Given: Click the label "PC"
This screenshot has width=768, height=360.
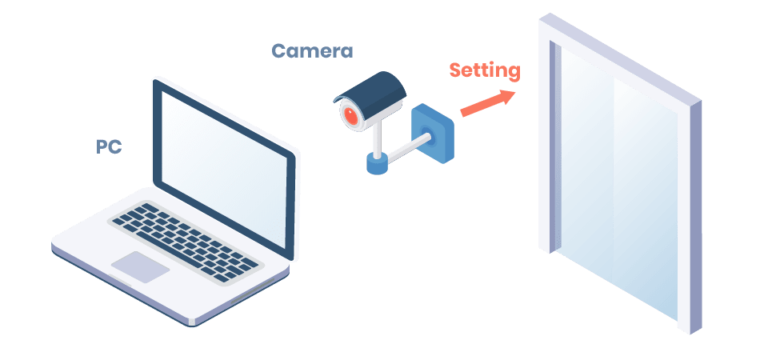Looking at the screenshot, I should [x=108, y=147].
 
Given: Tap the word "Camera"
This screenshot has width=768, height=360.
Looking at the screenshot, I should [x=312, y=52].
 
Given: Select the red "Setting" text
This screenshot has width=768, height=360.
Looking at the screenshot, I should [x=484, y=70].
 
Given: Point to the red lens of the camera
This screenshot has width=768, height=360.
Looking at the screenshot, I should [x=350, y=116].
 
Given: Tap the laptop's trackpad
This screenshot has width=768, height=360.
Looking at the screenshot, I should [x=140, y=266].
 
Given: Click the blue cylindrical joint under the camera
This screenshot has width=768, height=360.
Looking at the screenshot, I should [x=376, y=162].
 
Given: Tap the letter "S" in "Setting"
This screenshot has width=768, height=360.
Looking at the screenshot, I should [x=454, y=70].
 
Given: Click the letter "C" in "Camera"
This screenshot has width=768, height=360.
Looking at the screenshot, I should [x=279, y=52].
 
